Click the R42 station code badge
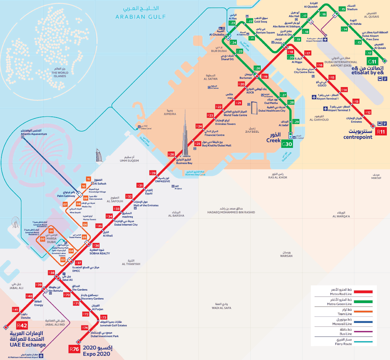click(x=22, y=325)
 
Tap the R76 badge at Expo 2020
click(x=74, y=349)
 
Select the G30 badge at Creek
click(x=287, y=144)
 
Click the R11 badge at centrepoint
click(x=381, y=132)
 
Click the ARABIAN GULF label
click(x=140, y=17)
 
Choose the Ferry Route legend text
click(x=343, y=344)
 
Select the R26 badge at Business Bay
click(x=171, y=154)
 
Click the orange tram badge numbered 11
click(x=89, y=179)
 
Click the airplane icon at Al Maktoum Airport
click(x=42, y=355)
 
